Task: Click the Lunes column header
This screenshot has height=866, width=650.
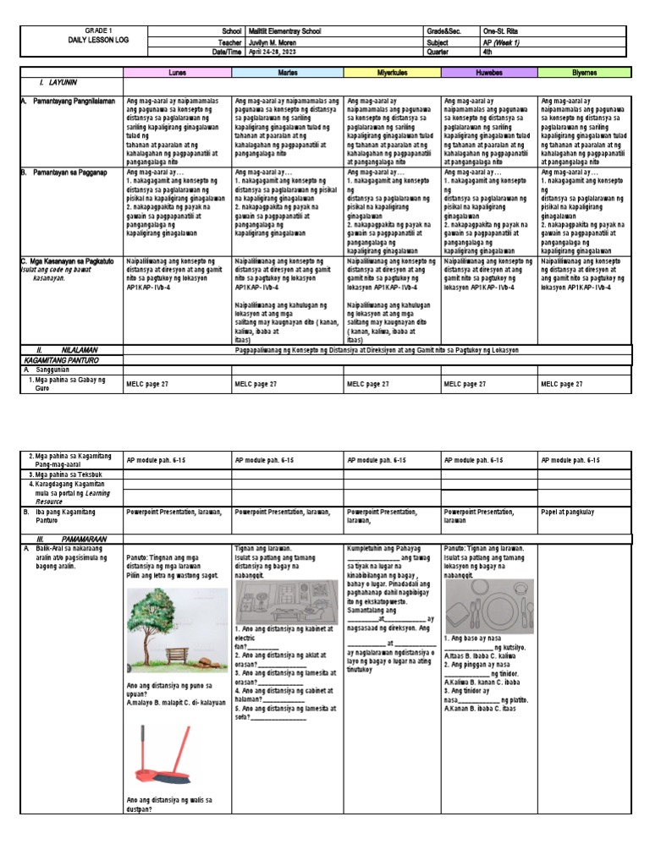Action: pyautogui.click(x=178, y=73)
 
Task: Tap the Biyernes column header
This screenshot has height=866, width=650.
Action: pyautogui.click(x=584, y=73)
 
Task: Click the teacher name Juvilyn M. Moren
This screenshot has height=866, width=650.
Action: pyautogui.click(x=273, y=40)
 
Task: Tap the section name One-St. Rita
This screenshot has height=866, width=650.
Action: pyautogui.click(x=501, y=30)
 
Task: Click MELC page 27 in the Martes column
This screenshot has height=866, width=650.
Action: pyautogui.click(x=256, y=384)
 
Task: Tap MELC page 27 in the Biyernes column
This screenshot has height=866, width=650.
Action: pyautogui.click(x=562, y=384)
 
